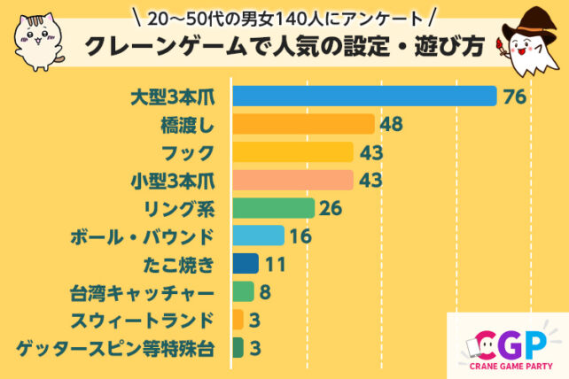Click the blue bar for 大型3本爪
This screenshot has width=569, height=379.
[x=363, y=96]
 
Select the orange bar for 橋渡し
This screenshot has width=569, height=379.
[x=303, y=124]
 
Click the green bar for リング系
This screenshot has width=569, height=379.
[x=273, y=208]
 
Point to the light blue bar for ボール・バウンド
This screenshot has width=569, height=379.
[x=258, y=236]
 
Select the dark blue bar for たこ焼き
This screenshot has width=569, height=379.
[x=246, y=264]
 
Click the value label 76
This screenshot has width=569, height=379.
[x=515, y=97]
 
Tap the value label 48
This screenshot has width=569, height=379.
[x=392, y=124]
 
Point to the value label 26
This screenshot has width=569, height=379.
[x=331, y=208]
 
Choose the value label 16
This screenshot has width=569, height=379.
[x=300, y=236]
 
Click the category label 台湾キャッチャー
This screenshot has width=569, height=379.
[x=142, y=291]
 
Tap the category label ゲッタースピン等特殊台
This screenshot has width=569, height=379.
[x=116, y=348]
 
